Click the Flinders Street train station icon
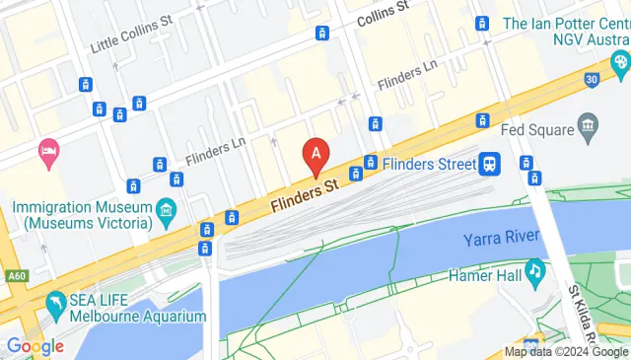[490, 164]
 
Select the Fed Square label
[537, 129]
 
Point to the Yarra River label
[502, 239]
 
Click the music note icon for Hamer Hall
[533, 268]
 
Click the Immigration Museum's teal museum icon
[166, 209]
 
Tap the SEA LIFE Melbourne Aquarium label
[136, 308]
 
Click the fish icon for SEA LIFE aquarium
[55, 301]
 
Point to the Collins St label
[383, 12]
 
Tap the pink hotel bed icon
[46, 150]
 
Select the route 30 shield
[591, 79]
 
